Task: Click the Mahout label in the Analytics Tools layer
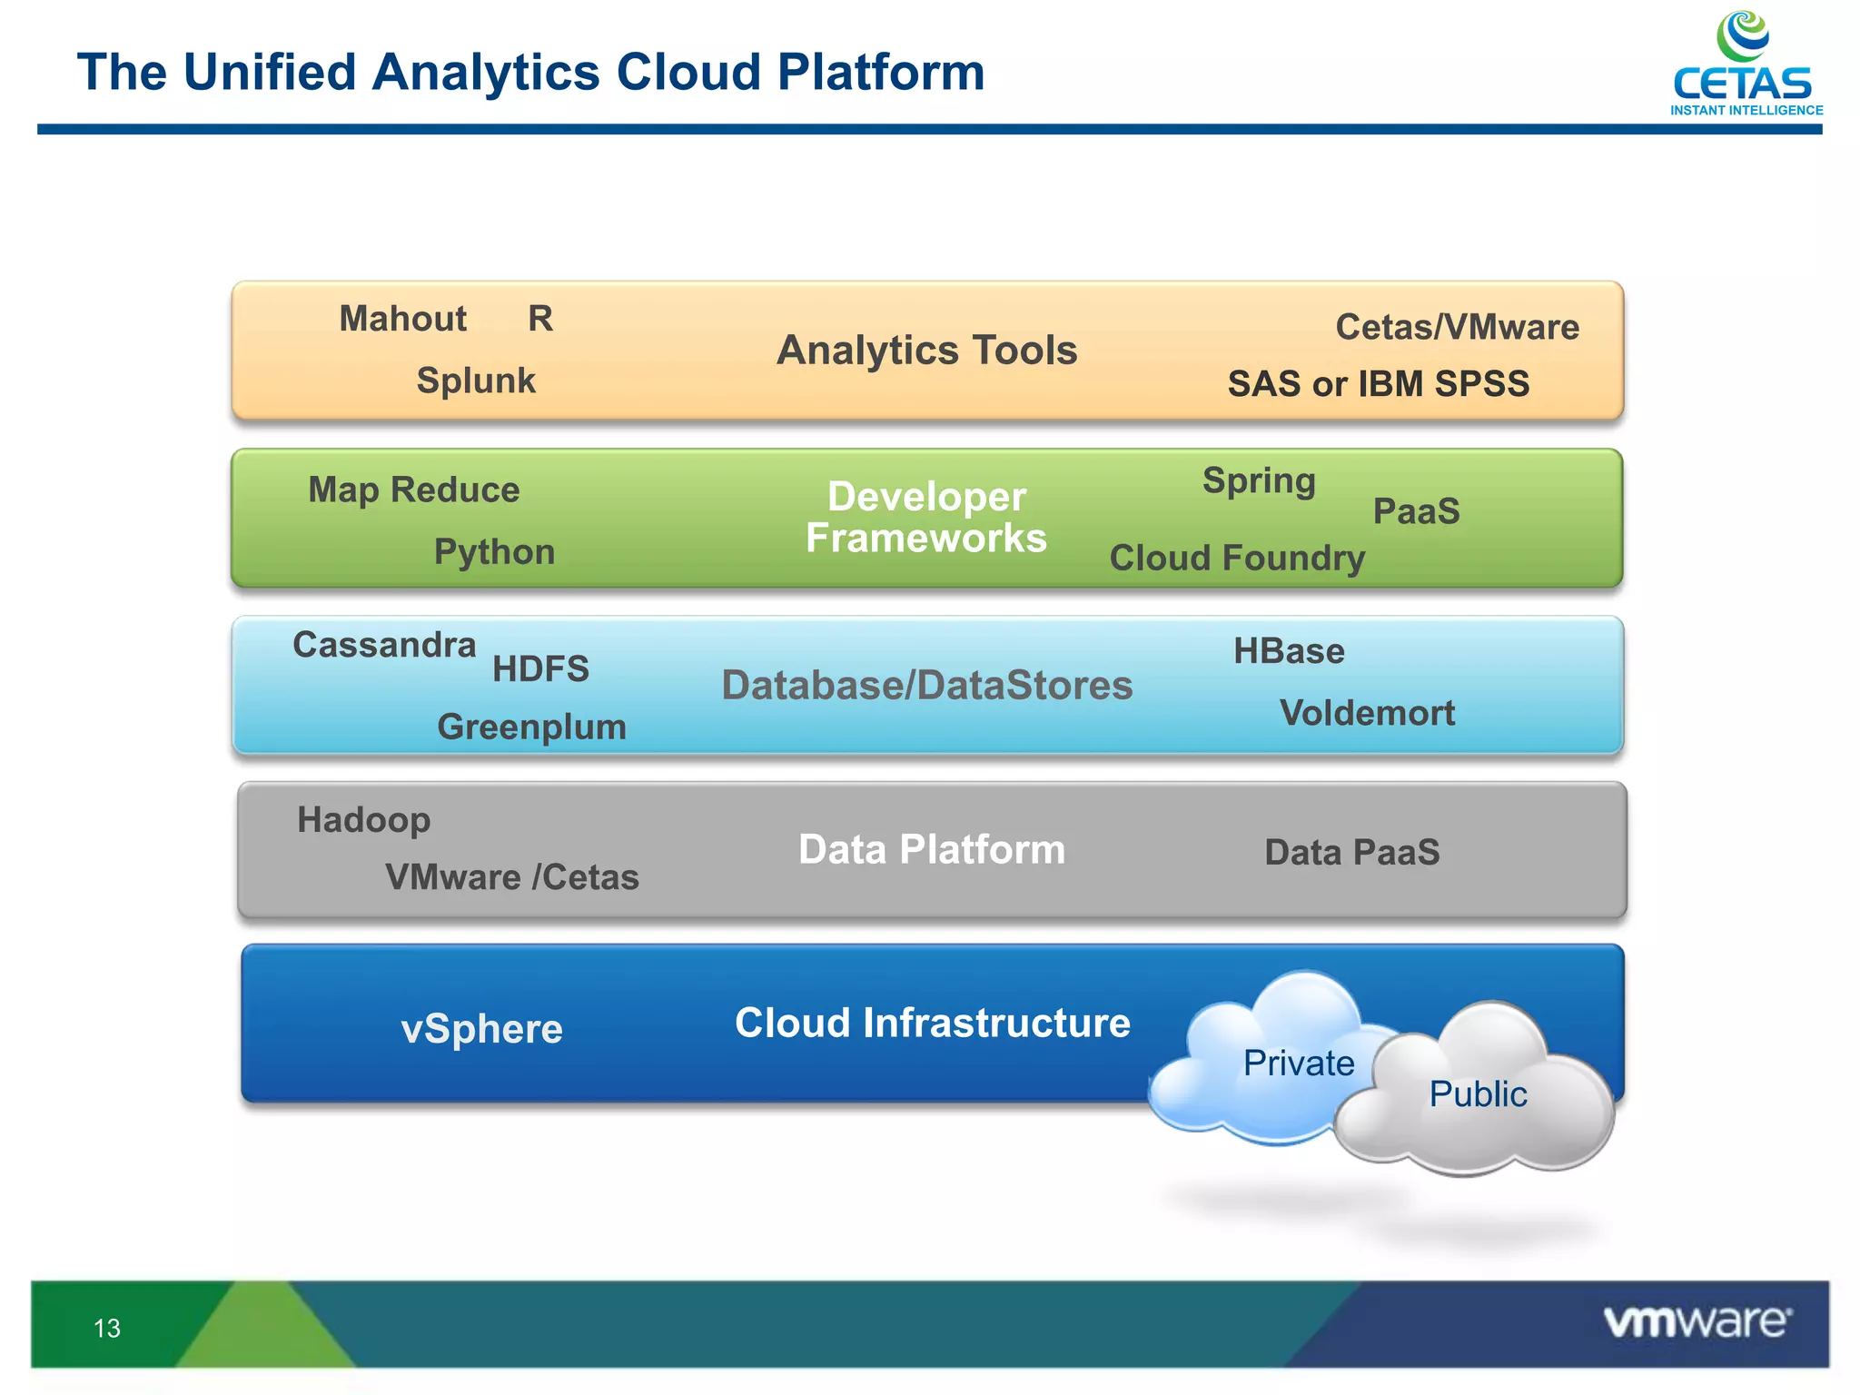tap(402, 319)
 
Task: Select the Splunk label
tap(476, 381)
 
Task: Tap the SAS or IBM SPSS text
tap(1378, 384)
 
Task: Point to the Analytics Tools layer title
tap(926, 351)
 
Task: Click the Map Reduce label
tap(413, 490)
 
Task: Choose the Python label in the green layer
tap(494, 552)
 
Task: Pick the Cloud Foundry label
tap(1237, 558)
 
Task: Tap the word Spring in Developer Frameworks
tap(1259, 480)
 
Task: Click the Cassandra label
tap(384, 645)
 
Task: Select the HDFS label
tap(540, 669)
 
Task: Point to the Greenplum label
tap(531, 727)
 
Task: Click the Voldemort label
tap(1367, 713)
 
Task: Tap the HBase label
tap(1289, 651)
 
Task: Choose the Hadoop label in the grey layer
tap(363, 820)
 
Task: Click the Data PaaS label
tap(1351, 853)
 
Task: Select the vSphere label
tap(481, 1029)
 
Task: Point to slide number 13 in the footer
tap(107, 1329)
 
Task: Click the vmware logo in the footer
tap(1697, 1322)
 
